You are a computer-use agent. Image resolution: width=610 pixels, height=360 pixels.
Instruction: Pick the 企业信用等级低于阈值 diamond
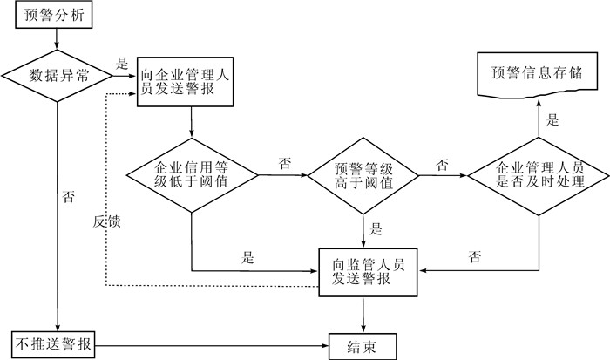click(x=192, y=175)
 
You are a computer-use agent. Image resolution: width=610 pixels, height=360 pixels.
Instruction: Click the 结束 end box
click(x=363, y=345)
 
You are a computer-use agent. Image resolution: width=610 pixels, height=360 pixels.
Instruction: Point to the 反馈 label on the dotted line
click(x=107, y=221)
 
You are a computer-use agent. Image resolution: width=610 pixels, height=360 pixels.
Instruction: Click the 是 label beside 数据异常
click(x=123, y=64)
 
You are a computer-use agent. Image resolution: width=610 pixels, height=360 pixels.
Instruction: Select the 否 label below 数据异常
click(x=69, y=197)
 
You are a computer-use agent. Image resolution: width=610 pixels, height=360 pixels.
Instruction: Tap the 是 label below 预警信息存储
click(x=552, y=120)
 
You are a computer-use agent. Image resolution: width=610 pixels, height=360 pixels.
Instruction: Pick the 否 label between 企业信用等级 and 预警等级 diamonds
click(x=284, y=163)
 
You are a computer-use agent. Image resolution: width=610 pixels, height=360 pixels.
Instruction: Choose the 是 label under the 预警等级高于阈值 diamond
click(x=376, y=229)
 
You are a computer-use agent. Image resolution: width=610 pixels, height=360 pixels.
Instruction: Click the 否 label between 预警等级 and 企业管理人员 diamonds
click(x=442, y=163)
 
